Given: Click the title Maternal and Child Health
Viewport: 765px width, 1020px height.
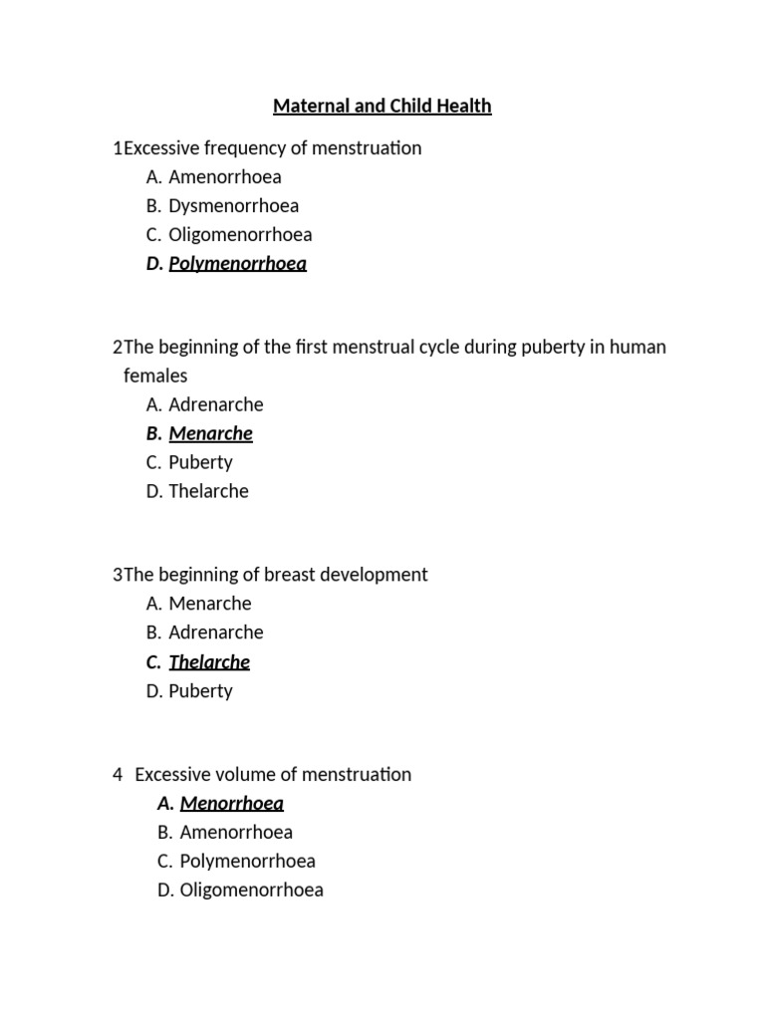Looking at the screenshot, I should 382,106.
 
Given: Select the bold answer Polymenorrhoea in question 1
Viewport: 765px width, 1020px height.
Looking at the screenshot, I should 237,264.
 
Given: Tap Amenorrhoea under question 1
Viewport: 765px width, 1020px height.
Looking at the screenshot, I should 225,177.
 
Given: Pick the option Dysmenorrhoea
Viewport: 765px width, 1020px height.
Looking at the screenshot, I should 233,206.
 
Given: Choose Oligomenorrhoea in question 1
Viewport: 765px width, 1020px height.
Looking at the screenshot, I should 240,235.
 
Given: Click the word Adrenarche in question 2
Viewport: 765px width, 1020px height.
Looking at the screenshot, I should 216,405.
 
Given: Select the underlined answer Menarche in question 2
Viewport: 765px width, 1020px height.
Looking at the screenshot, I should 210,434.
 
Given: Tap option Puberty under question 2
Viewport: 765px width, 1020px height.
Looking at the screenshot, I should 200,463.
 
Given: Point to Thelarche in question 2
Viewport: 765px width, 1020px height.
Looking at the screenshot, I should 208,492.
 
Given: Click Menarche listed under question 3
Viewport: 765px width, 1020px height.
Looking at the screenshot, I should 210,605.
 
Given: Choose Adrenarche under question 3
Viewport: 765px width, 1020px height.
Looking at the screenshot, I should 216,634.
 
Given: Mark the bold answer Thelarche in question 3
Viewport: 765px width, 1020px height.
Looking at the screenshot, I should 209,662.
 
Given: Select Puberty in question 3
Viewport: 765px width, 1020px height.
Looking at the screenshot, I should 200,691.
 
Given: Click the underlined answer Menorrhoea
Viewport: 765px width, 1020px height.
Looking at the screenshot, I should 231,804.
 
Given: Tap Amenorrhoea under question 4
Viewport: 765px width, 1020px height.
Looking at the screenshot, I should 236,833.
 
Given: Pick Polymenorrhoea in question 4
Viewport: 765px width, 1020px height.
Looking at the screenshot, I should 247,862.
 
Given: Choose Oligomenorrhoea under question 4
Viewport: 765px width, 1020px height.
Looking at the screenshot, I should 251,891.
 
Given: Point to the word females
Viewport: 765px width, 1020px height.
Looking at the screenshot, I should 155,377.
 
